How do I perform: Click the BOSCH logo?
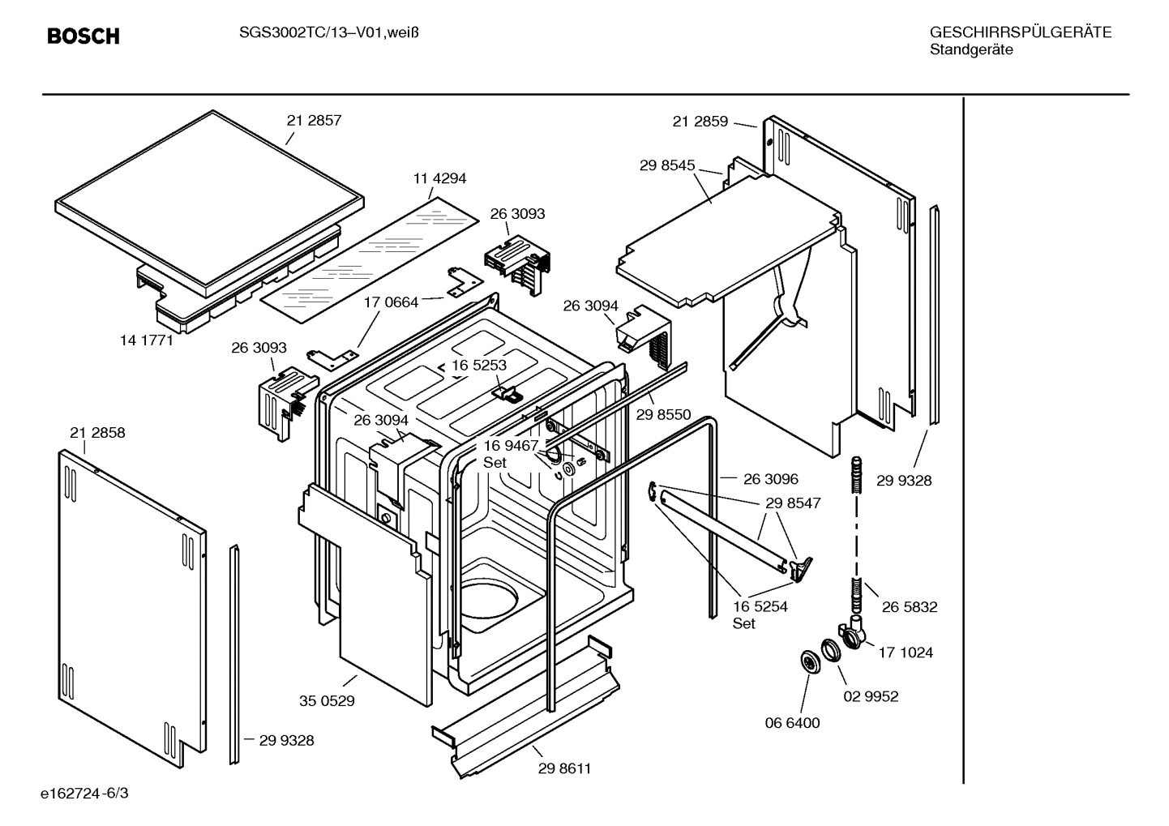coord(83,36)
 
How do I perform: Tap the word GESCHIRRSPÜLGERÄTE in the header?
coord(1020,32)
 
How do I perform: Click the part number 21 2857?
coord(314,120)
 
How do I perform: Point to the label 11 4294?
coord(439,178)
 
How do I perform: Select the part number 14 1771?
coord(147,340)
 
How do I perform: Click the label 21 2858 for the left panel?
coord(97,433)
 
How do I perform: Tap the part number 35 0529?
coord(327,701)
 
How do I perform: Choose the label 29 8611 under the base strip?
coord(564,768)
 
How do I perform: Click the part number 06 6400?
coord(792,723)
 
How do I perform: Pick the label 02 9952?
coord(871,696)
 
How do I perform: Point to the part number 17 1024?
coord(906,653)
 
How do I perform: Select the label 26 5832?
coord(910,607)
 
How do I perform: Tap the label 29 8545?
coord(667,165)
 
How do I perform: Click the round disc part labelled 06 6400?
coord(809,661)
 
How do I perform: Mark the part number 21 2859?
coord(700,122)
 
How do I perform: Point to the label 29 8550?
coord(663,415)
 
